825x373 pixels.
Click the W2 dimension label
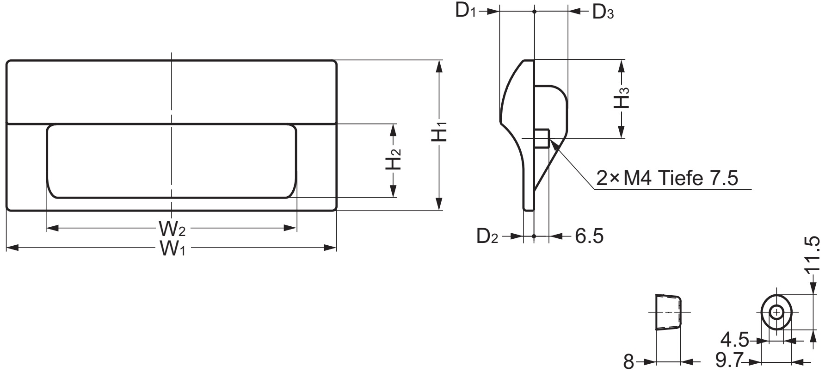[172, 228]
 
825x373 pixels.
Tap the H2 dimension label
[394, 159]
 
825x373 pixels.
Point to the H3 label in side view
[622, 99]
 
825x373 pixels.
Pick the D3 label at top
[603, 12]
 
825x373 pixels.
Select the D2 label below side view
[487, 237]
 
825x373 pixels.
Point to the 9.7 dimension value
[729, 361]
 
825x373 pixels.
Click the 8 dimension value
[628, 361]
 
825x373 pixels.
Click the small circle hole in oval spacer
[777, 313]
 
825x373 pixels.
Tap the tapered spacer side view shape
[668, 312]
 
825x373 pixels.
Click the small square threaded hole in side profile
[542, 138]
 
